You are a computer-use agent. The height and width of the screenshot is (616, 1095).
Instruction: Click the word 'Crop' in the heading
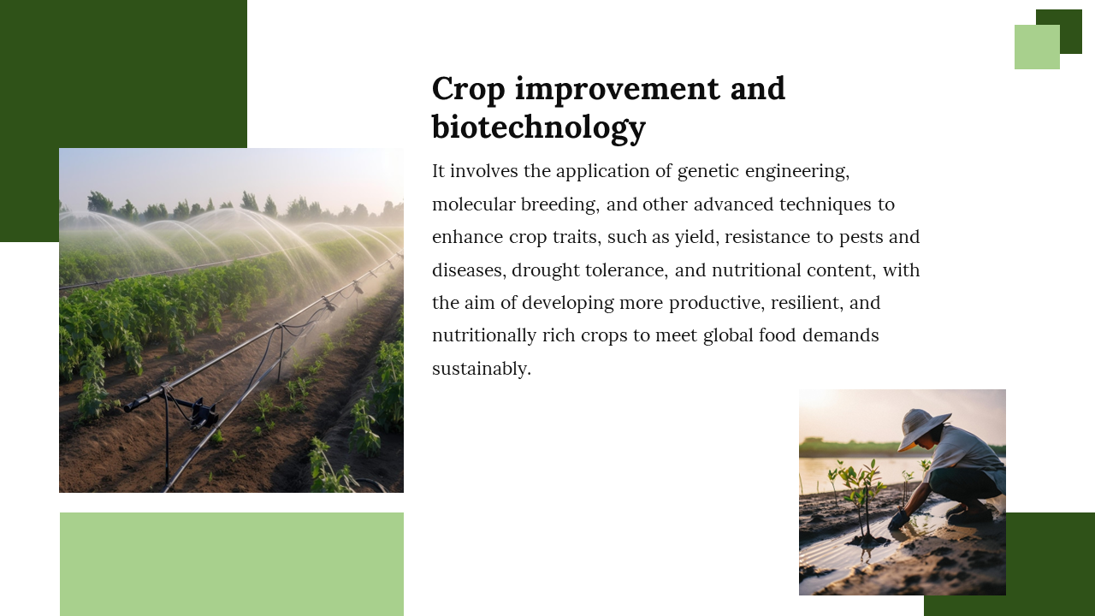[x=468, y=90]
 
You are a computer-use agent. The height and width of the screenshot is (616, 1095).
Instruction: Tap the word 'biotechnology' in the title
[x=539, y=128]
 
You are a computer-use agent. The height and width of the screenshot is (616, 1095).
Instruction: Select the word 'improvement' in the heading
[x=618, y=89]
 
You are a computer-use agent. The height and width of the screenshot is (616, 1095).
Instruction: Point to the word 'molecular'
[x=473, y=204]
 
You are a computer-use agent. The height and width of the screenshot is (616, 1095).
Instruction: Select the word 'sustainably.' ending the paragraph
[x=482, y=369]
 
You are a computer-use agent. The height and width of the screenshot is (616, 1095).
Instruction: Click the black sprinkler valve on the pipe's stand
[x=203, y=413]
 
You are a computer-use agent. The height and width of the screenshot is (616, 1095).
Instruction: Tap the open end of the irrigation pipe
[x=128, y=407]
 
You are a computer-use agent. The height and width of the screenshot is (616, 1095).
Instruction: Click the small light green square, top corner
[x=1037, y=47]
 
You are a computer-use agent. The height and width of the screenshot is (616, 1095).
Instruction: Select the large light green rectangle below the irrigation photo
[x=232, y=564]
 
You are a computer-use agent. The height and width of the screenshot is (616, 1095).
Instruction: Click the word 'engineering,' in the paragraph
[x=797, y=172]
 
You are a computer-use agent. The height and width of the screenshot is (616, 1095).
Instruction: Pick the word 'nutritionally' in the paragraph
[x=484, y=336]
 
